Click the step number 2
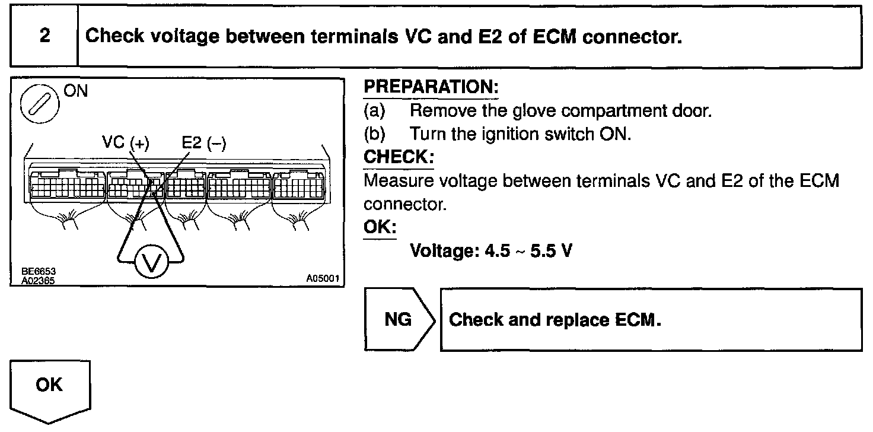45,36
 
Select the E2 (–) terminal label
204,142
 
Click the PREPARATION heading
431,87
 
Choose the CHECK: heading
398,157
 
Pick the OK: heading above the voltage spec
379,227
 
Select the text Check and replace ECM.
555,319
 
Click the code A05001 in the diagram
324,278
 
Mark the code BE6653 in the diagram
36,272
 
